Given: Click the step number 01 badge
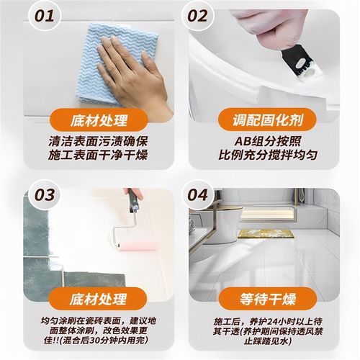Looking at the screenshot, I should coord(44,15).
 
